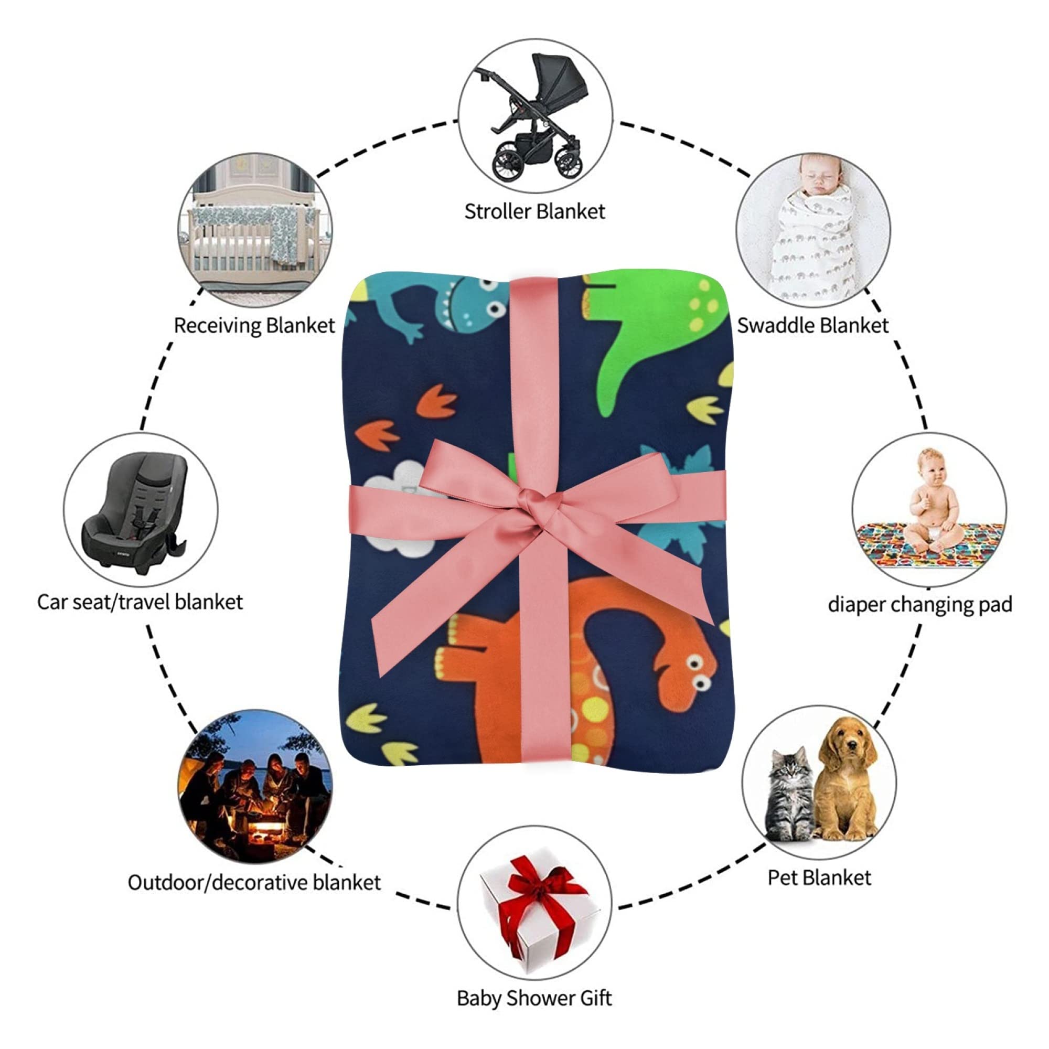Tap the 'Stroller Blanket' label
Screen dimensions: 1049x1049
pos(534,211)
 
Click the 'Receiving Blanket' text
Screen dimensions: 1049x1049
pos(254,325)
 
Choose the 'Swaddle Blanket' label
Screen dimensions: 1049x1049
pos(812,325)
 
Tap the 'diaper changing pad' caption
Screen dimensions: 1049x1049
pos(920,605)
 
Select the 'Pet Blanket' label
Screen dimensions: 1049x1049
pos(819,878)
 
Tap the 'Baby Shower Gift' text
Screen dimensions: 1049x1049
pos(534,999)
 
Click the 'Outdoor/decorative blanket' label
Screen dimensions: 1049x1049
pos(254,882)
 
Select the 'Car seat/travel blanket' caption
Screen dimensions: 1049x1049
pos(140,602)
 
